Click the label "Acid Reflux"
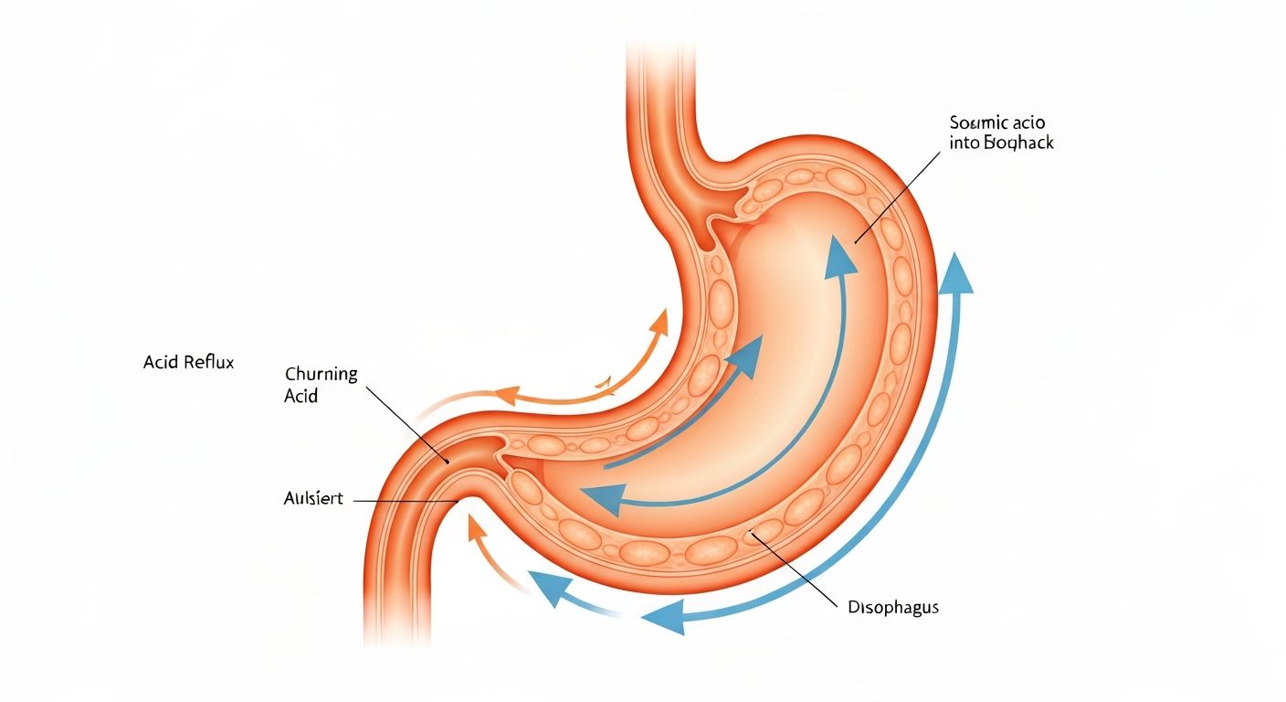click(189, 363)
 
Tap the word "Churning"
click(321, 375)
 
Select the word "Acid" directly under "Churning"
click(300, 397)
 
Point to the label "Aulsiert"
click(312, 499)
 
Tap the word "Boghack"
click(1020, 144)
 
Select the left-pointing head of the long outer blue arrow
click(662, 619)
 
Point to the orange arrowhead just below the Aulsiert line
click(474, 527)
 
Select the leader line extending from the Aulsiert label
click(402, 501)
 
